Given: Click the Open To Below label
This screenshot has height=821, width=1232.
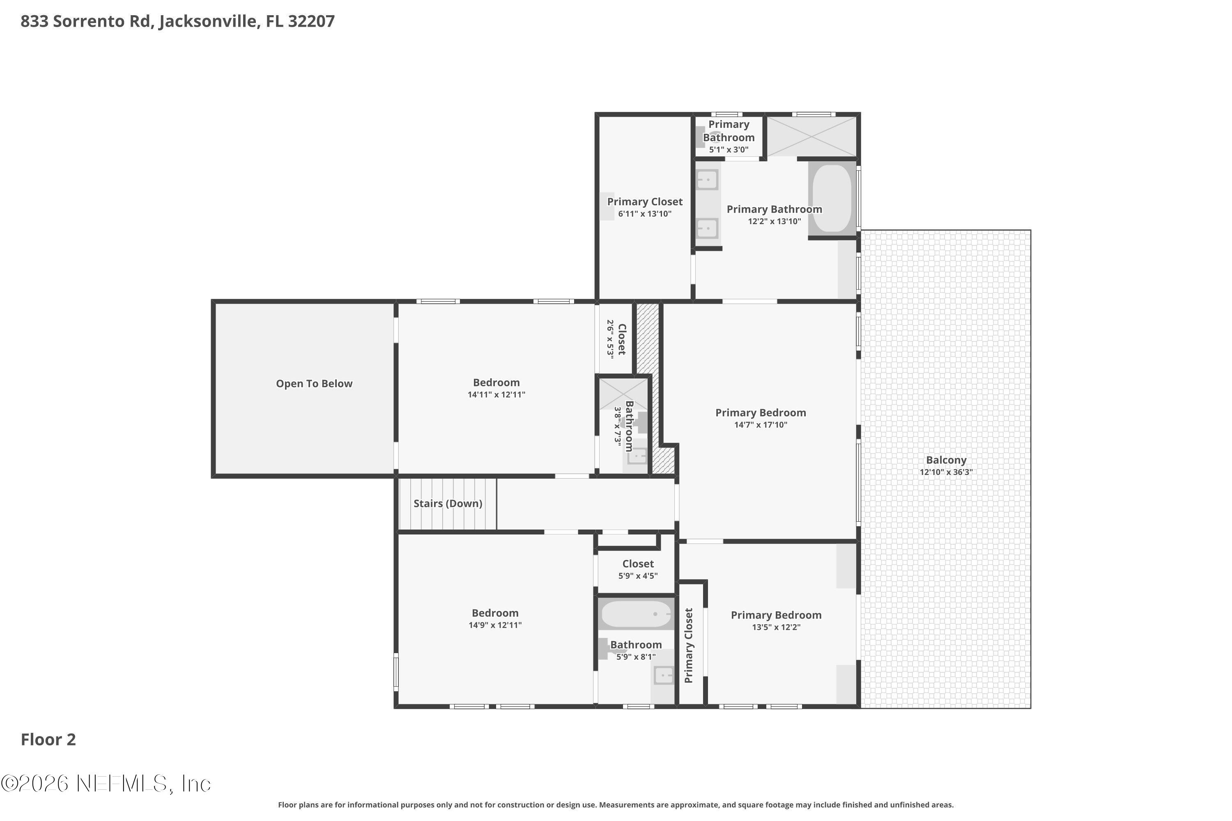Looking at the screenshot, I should point(314,384).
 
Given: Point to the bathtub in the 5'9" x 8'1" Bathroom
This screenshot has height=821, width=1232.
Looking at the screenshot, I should point(636,614).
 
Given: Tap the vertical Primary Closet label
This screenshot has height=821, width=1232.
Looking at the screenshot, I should point(688,646).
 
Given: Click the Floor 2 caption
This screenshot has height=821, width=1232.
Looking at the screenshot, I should point(48,740).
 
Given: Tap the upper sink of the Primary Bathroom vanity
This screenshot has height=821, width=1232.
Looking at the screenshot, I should point(707,180).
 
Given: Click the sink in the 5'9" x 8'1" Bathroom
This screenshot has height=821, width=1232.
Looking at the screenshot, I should point(664,675).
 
